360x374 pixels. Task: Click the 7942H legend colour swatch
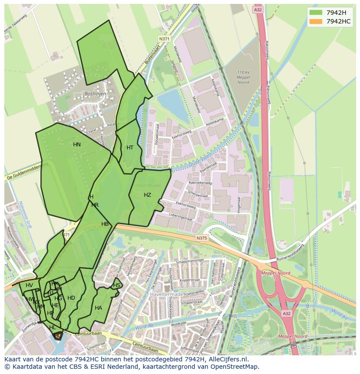click(x=316, y=12)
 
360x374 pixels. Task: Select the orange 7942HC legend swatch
click(x=316, y=21)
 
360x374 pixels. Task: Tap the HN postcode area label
click(x=77, y=145)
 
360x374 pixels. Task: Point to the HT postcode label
click(x=130, y=148)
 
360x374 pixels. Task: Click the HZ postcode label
click(x=147, y=195)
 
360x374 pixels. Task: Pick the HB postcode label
click(x=105, y=224)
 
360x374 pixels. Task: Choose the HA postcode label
click(x=98, y=308)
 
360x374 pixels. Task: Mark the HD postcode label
click(x=71, y=298)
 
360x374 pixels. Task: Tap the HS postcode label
click(x=117, y=285)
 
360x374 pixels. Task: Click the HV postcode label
click(x=29, y=285)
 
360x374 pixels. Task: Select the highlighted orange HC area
click(x=57, y=336)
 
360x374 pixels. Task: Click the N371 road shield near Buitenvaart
click(x=164, y=39)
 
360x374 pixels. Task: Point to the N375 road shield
click(x=201, y=238)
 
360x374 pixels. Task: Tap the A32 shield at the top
click(x=258, y=9)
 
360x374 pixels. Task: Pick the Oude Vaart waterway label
click(x=201, y=161)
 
